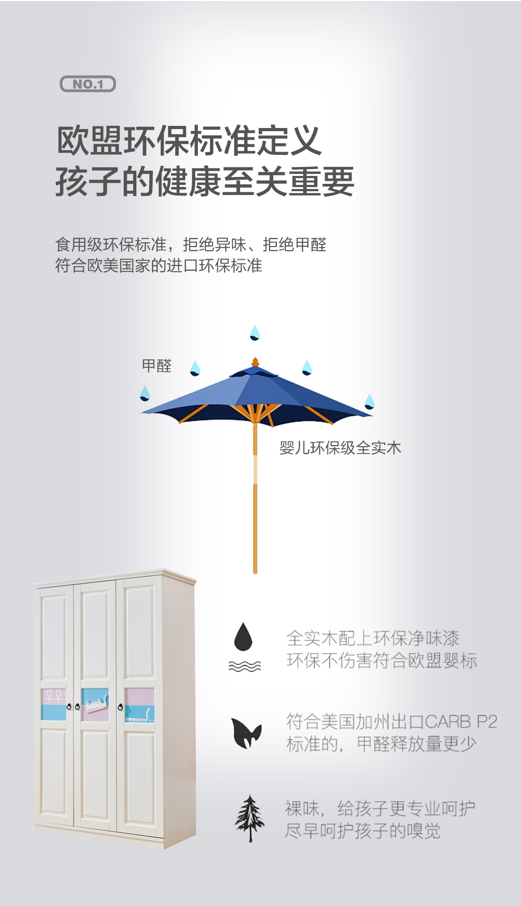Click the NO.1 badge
[x=88, y=84]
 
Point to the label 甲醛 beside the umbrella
[x=157, y=366]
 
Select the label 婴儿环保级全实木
[x=340, y=448]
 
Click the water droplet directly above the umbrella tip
[x=255, y=333]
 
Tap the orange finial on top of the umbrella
[x=255, y=362]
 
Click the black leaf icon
[x=246, y=733]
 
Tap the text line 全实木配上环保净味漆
[x=373, y=638]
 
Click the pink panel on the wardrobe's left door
[x=54, y=696]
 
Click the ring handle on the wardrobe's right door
[x=121, y=707]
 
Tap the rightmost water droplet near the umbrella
[x=369, y=401]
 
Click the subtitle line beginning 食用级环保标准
[x=191, y=244]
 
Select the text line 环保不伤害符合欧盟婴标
[x=382, y=661]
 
